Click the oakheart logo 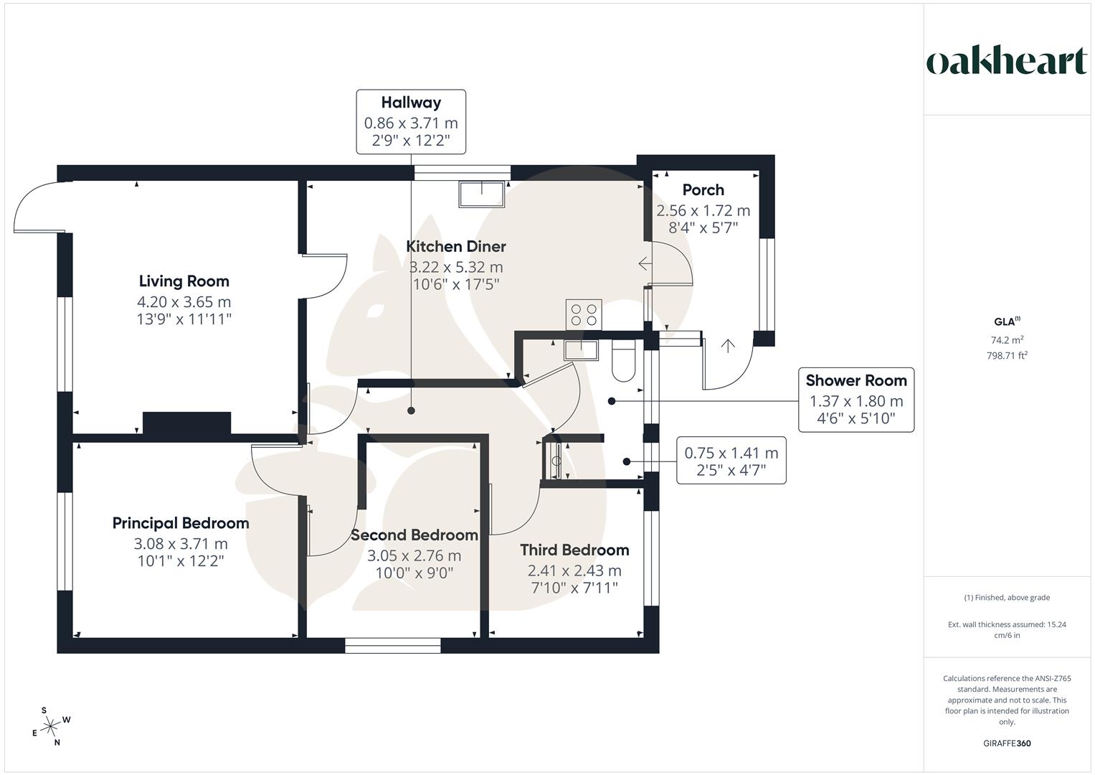tap(1006, 62)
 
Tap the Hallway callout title tap(411, 103)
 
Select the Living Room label tap(184, 281)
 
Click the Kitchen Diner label tap(456, 246)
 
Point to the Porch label tap(703, 190)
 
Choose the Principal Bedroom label tap(181, 523)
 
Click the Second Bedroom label tap(414, 535)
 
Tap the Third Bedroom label tap(574, 550)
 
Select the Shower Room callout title tap(855, 380)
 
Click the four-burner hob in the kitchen tap(584, 314)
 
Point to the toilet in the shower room tap(623, 362)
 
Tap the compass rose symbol tap(51, 727)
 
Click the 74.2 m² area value tap(1007, 340)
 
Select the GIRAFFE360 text tap(1006, 743)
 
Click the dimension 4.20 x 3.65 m tap(184, 302)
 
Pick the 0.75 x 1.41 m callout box tap(731, 460)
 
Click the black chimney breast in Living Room tap(186, 423)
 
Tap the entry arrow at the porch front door tap(728, 347)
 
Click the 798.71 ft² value tap(1007, 355)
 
